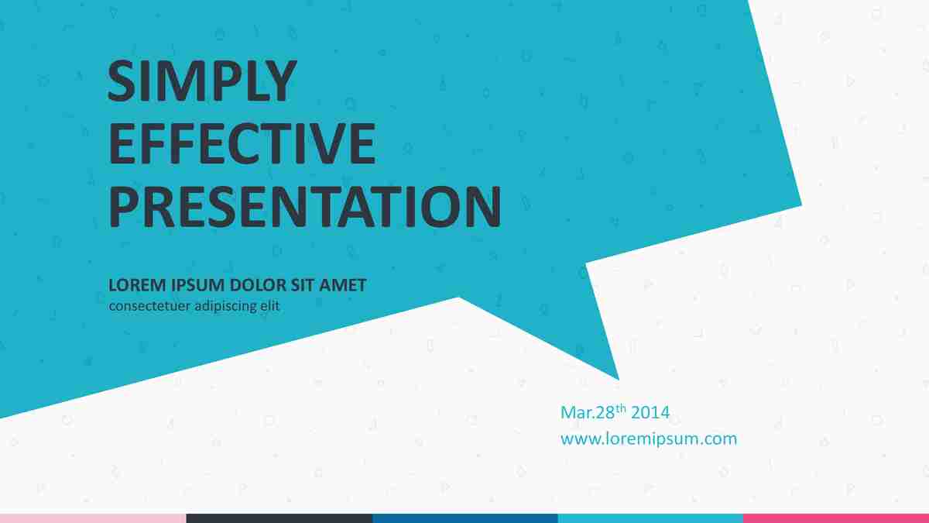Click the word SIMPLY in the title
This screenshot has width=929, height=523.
[x=202, y=81]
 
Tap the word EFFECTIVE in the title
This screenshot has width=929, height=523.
[x=242, y=143]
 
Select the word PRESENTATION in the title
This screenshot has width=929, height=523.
[x=305, y=207]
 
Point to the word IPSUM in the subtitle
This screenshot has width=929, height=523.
[x=198, y=285]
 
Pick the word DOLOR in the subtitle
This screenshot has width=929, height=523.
[x=258, y=285]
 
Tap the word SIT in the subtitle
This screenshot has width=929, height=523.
[x=303, y=285]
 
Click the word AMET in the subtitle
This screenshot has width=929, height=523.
[x=342, y=285]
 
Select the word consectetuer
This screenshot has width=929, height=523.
[x=149, y=306]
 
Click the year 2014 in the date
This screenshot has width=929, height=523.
[x=650, y=412]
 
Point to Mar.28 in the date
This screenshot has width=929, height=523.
[x=588, y=412]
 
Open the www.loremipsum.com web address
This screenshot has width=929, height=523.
[x=649, y=439]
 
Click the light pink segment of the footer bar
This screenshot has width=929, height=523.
[x=93, y=518]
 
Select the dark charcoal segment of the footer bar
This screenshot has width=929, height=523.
[x=279, y=518]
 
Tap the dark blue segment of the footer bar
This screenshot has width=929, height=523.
[x=465, y=518]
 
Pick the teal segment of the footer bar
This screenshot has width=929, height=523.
[x=650, y=518]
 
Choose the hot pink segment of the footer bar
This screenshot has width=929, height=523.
[x=836, y=518]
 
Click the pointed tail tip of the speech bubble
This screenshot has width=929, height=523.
[x=619, y=379]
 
